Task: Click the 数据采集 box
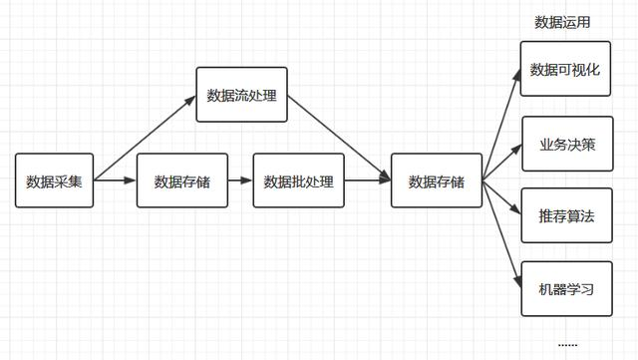(x=55, y=180)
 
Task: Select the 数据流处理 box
(x=241, y=95)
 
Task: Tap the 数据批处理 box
(x=299, y=180)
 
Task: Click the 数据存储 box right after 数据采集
(x=182, y=180)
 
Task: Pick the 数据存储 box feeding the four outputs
(x=437, y=180)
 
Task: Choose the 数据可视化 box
(x=566, y=70)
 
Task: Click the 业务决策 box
(x=566, y=144)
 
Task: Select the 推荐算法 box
(x=566, y=215)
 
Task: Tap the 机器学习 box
(x=566, y=289)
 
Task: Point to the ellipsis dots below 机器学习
(x=567, y=343)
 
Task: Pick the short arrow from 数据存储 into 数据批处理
(x=240, y=180)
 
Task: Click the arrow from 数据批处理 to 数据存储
(x=368, y=180)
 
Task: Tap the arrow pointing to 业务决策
(x=501, y=163)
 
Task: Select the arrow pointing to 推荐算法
(x=501, y=198)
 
